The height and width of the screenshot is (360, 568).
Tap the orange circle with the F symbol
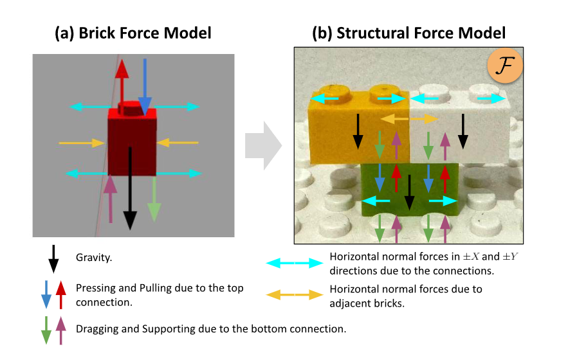coord(505,67)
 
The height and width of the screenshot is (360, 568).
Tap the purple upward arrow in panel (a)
coord(111,199)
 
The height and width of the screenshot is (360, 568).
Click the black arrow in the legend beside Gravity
coord(54,258)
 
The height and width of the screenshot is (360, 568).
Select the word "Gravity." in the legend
coord(95,258)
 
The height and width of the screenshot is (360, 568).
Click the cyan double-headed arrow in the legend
coord(295,263)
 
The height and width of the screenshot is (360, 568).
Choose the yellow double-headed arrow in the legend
coord(295,295)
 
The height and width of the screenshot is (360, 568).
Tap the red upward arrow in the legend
coord(62,294)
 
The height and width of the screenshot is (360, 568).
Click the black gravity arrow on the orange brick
coord(358,132)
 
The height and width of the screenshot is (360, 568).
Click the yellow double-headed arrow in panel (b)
coord(410,120)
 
